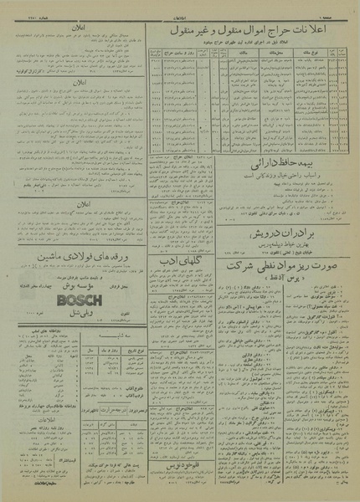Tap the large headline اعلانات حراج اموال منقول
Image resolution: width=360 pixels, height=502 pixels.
click(x=251, y=33)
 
